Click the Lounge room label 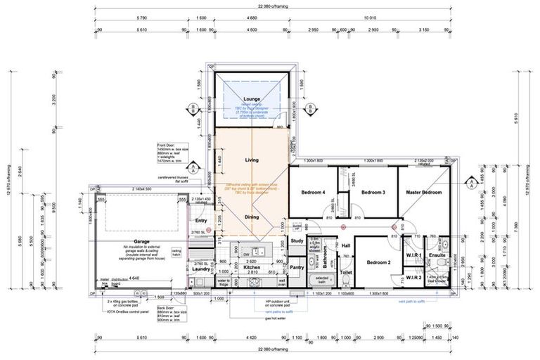252,99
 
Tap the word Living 252,160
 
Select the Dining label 252,217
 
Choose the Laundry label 200,268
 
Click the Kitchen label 252,268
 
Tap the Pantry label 297,266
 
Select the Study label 296,241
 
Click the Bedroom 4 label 314,192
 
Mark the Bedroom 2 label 378,262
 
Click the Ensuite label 437,255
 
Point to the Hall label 345,245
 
